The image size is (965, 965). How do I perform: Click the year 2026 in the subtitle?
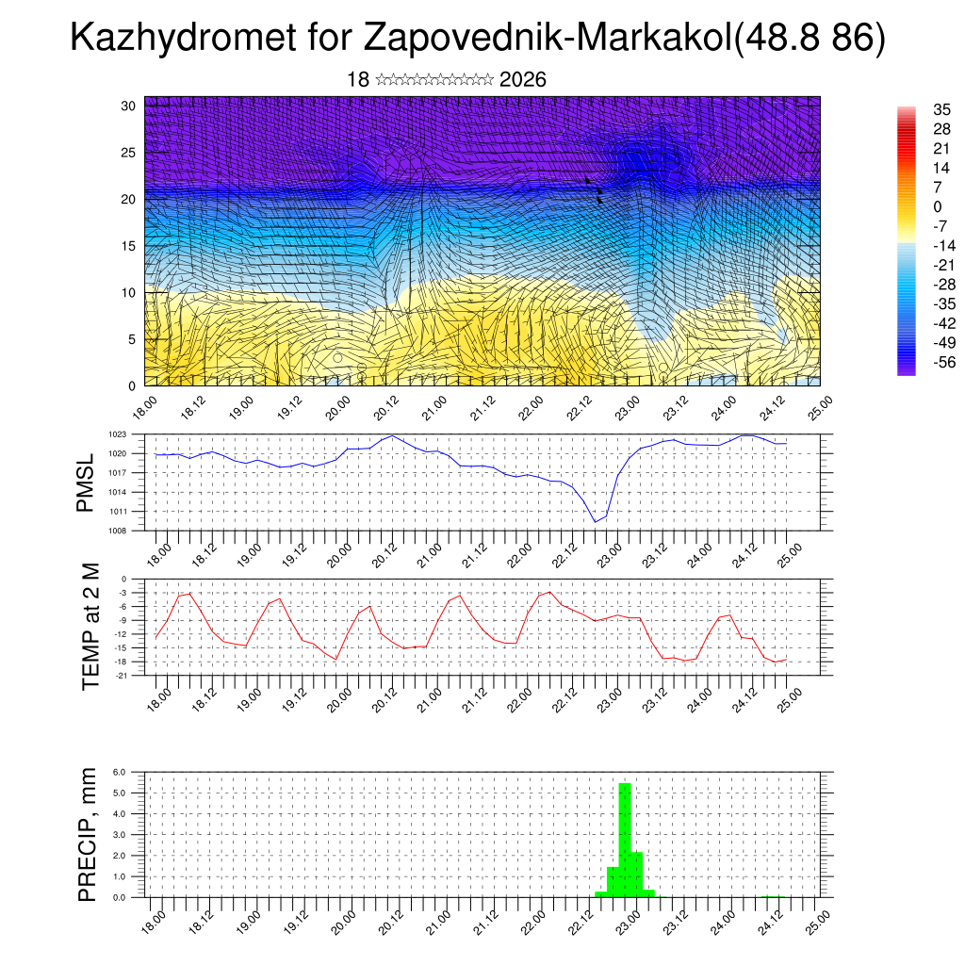(x=522, y=80)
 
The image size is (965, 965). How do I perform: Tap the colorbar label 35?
(x=941, y=110)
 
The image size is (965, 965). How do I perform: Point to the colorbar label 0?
(x=937, y=206)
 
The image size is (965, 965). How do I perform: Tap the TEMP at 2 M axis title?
(x=90, y=627)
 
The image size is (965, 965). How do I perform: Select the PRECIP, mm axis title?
(x=88, y=834)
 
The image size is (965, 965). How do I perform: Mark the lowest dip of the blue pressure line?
(x=596, y=521)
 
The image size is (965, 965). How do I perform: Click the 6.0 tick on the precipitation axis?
(x=120, y=772)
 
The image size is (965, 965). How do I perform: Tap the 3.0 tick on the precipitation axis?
(x=120, y=835)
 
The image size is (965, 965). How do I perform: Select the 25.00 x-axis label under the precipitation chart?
(x=818, y=922)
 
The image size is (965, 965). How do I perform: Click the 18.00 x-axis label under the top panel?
(x=142, y=406)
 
